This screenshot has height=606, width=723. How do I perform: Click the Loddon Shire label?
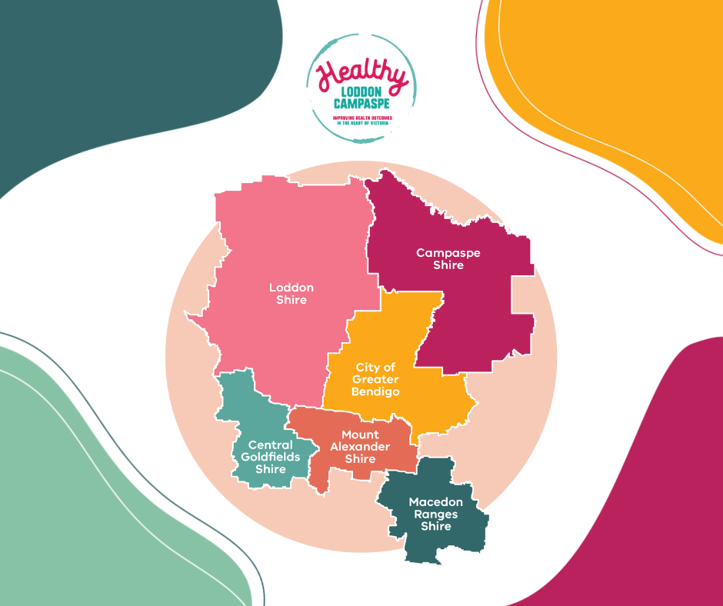[292, 293]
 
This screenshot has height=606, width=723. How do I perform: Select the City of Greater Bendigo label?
[375, 380]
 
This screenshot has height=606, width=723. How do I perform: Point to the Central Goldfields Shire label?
[271, 457]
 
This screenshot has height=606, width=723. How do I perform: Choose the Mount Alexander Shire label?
[360, 447]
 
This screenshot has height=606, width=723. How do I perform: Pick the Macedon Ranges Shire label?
[435, 514]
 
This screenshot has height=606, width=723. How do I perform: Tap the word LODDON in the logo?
[359, 92]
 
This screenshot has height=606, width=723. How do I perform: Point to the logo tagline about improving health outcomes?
[361, 120]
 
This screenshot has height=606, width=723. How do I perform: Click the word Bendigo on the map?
[375, 392]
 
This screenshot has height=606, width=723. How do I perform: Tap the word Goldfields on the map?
[271, 457]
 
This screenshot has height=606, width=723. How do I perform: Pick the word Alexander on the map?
[360, 447]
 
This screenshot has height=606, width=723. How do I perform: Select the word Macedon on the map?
[435, 502]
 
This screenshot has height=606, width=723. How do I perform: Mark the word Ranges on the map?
[435, 514]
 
